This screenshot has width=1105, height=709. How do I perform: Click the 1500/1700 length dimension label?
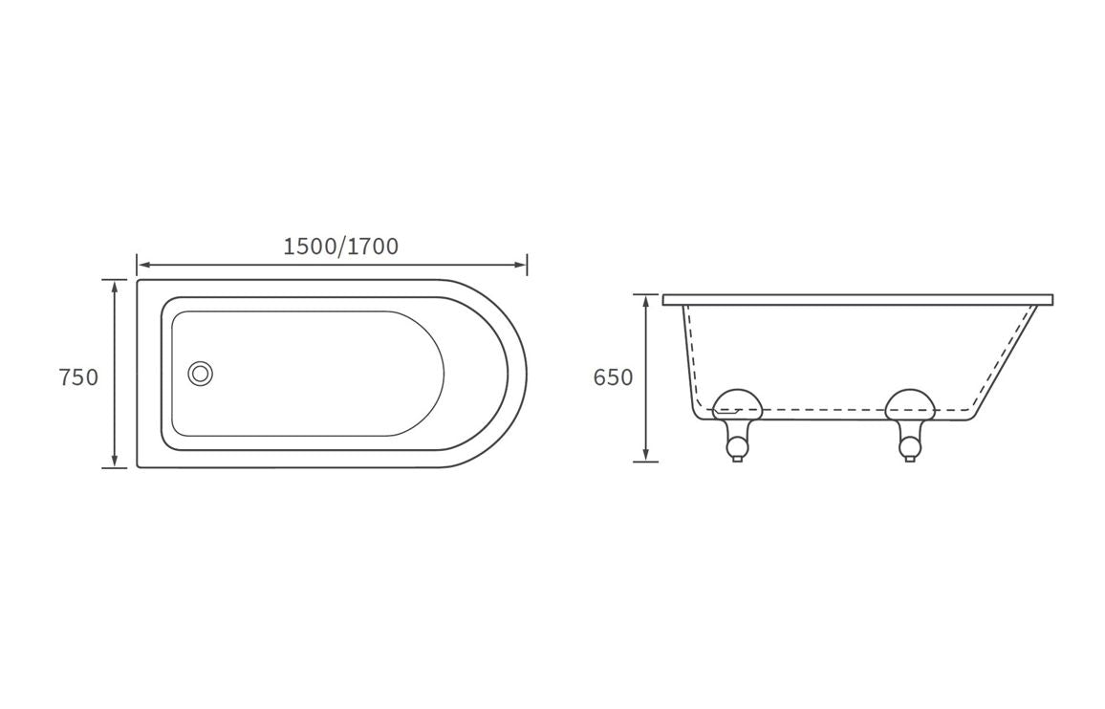pyautogui.click(x=340, y=247)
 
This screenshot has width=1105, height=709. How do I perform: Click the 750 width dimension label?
pyautogui.click(x=78, y=377)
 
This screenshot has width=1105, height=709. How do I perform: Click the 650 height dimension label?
pyautogui.click(x=613, y=377)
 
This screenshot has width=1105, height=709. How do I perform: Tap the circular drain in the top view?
pyautogui.click(x=201, y=374)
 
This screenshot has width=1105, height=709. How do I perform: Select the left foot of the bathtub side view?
pyautogui.click(x=737, y=443)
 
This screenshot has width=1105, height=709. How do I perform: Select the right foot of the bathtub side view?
pyautogui.click(x=909, y=443)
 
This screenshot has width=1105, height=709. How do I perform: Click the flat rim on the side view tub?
pyautogui.click(x=857, y=299)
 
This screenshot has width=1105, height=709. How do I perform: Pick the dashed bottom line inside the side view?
pyautogui.click(x=822, y=410)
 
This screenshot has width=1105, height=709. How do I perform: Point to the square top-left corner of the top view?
pyautogui.click(x=140, y=282)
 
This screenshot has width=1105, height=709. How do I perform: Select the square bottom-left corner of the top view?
pyautogui.click(x=140, y=465)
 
